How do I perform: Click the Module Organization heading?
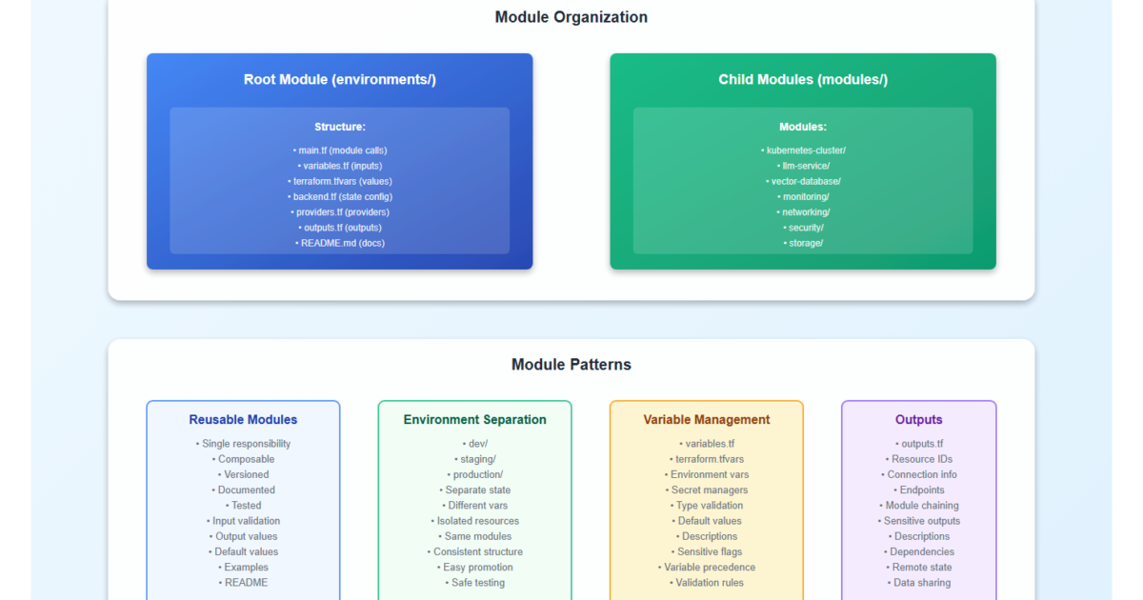(571, 17)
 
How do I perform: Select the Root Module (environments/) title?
(339, 80)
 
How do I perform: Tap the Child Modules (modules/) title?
(803, 80)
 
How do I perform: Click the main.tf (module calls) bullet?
(340, 150)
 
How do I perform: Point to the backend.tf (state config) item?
(340, 197)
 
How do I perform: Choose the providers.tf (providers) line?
(340, 212)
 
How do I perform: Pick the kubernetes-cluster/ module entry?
(803, 150)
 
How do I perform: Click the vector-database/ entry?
(803, 181)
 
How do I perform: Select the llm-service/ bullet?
(803, 166)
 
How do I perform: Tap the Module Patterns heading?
(571, 365)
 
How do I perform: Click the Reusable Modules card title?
(243, 420)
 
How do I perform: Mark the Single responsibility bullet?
(243, 444)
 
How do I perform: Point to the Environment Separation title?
(474, 420)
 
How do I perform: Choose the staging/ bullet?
(474, 459)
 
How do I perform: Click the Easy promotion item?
(474, 568)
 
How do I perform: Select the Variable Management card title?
(707, 420)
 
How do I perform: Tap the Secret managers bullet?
(707, 490)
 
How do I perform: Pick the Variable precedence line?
(707, 568)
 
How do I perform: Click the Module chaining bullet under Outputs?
(919, 506)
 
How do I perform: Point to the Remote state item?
(919, 568)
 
